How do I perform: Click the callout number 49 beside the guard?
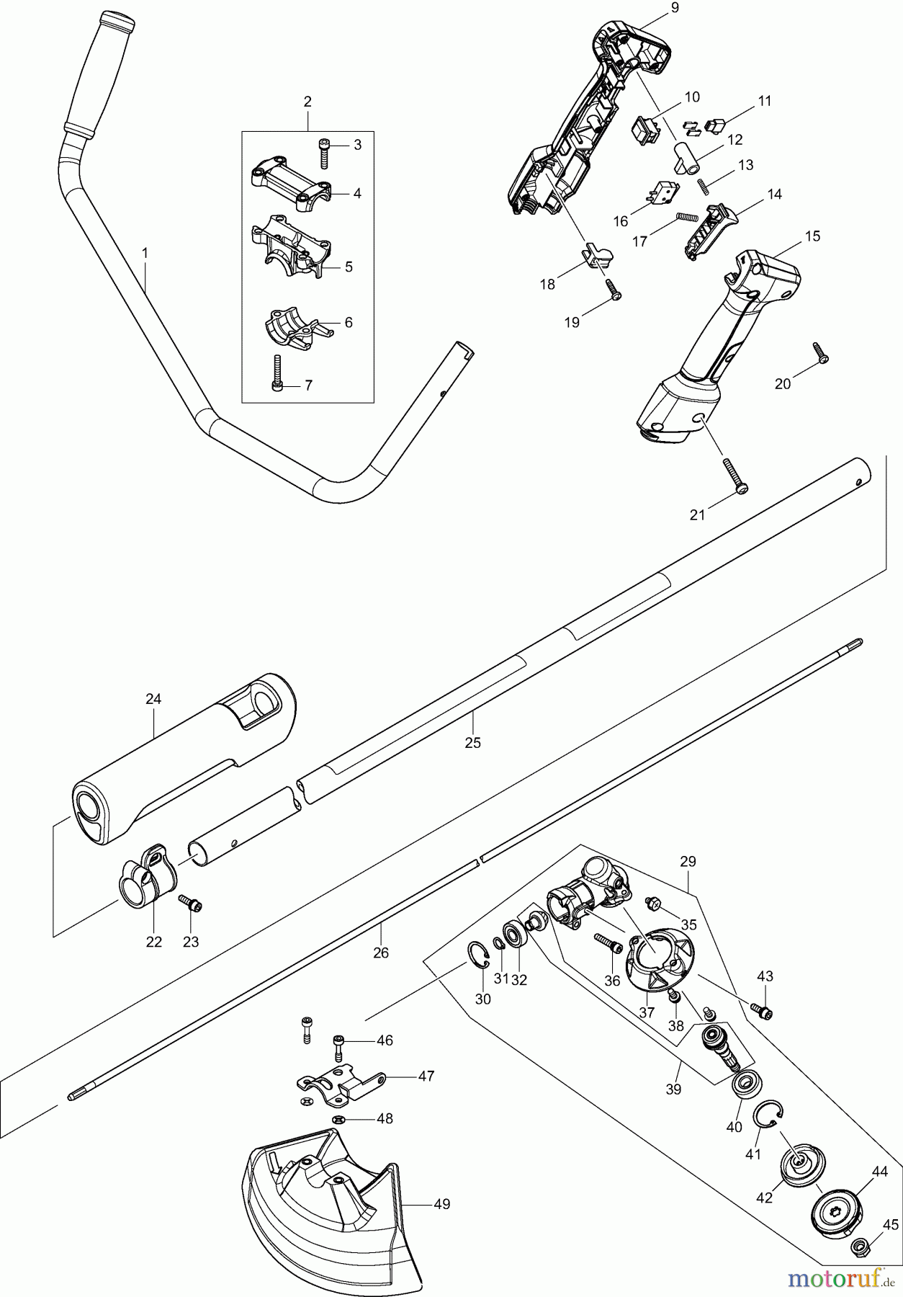pyautogui.click(x=441, y=1204)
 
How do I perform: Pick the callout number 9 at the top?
pyautogui.click(x=674, y=8)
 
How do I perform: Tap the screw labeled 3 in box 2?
pyautogui.click(x=324, y=153)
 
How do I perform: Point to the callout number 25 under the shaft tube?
pyautogui.click(x=472, y=742)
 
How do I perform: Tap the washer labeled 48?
pyautogui.click(x=338, y=1118)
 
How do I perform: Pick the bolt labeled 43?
pyautogui.click(x=761, y=1011)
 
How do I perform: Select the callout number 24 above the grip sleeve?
pyautogui.click(x=153, y=698)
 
